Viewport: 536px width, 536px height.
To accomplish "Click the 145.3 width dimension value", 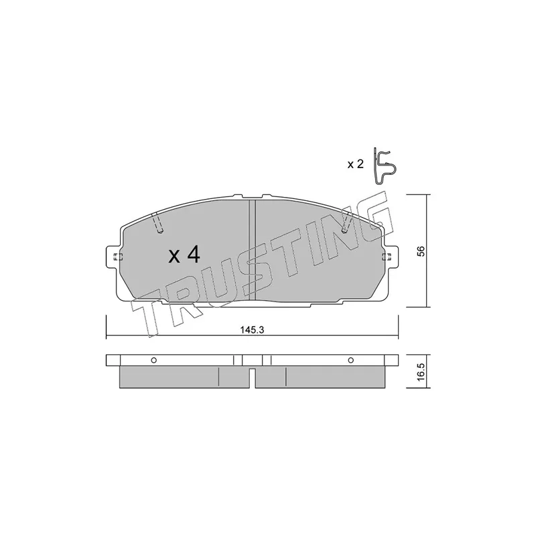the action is click(253, 330).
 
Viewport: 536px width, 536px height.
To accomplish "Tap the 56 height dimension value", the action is click(421, 251).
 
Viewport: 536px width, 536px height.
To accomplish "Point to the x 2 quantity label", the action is click(355, 164).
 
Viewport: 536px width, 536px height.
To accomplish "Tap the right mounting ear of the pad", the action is click(391, 257).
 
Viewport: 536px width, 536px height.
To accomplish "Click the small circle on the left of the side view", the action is click(154, 360).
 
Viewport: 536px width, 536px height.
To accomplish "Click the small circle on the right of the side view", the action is click(350, 360).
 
